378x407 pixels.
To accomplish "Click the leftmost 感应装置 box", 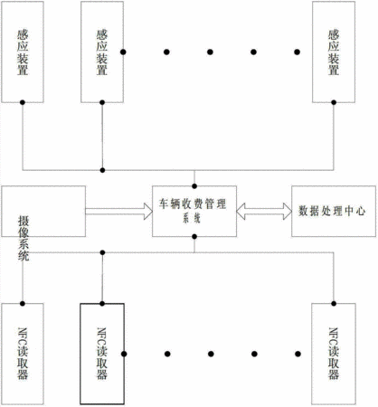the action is point(23,52).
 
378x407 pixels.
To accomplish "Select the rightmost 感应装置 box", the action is point(334,52).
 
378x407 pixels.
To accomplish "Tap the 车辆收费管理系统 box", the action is point(194,211).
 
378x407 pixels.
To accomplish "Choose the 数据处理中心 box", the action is point(334,211).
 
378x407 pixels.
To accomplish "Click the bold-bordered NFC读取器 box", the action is point(102,354).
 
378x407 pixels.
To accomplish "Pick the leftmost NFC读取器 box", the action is point(23,354).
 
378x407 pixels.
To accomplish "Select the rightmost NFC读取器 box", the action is point(334,354).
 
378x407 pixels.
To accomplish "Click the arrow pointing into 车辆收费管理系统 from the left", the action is point(119,211).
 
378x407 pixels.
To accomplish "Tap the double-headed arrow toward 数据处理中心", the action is point(264,211).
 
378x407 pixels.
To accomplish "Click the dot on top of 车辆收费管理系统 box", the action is point(194,186).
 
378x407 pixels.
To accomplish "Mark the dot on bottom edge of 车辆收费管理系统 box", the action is point(194,237).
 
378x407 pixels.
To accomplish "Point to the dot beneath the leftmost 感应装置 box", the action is point(23,102).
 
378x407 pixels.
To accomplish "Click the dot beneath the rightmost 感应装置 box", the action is point(334,102).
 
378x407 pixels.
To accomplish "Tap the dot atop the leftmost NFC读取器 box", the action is point(23,303).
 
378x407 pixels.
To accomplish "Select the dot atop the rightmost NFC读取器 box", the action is point(334,303).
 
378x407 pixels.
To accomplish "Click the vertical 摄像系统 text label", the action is point(24,239).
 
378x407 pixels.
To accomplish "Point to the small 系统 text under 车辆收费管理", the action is point(192,218).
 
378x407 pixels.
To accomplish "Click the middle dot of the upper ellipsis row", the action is point(210,52).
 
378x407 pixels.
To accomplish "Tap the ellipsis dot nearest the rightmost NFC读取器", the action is point(298,354).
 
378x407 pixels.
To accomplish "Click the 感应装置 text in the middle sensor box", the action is point(102,52).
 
